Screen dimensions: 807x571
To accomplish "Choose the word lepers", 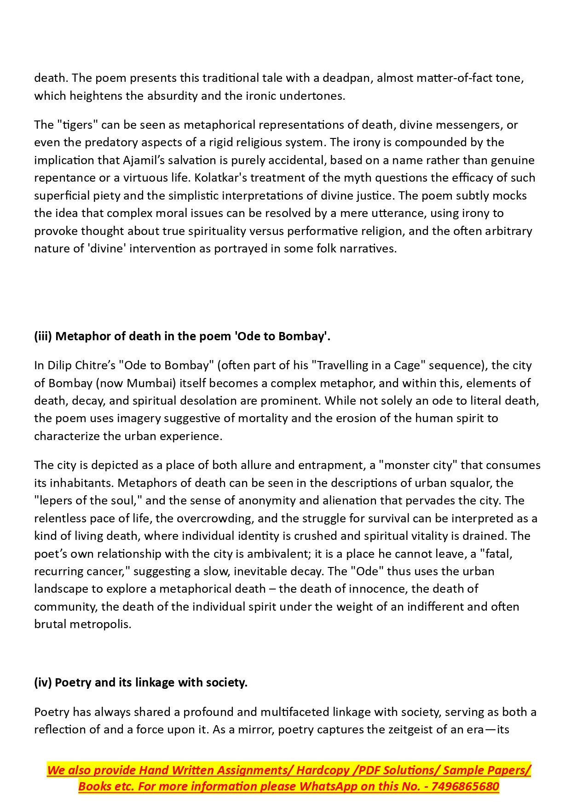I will click(x=56, y=501).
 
